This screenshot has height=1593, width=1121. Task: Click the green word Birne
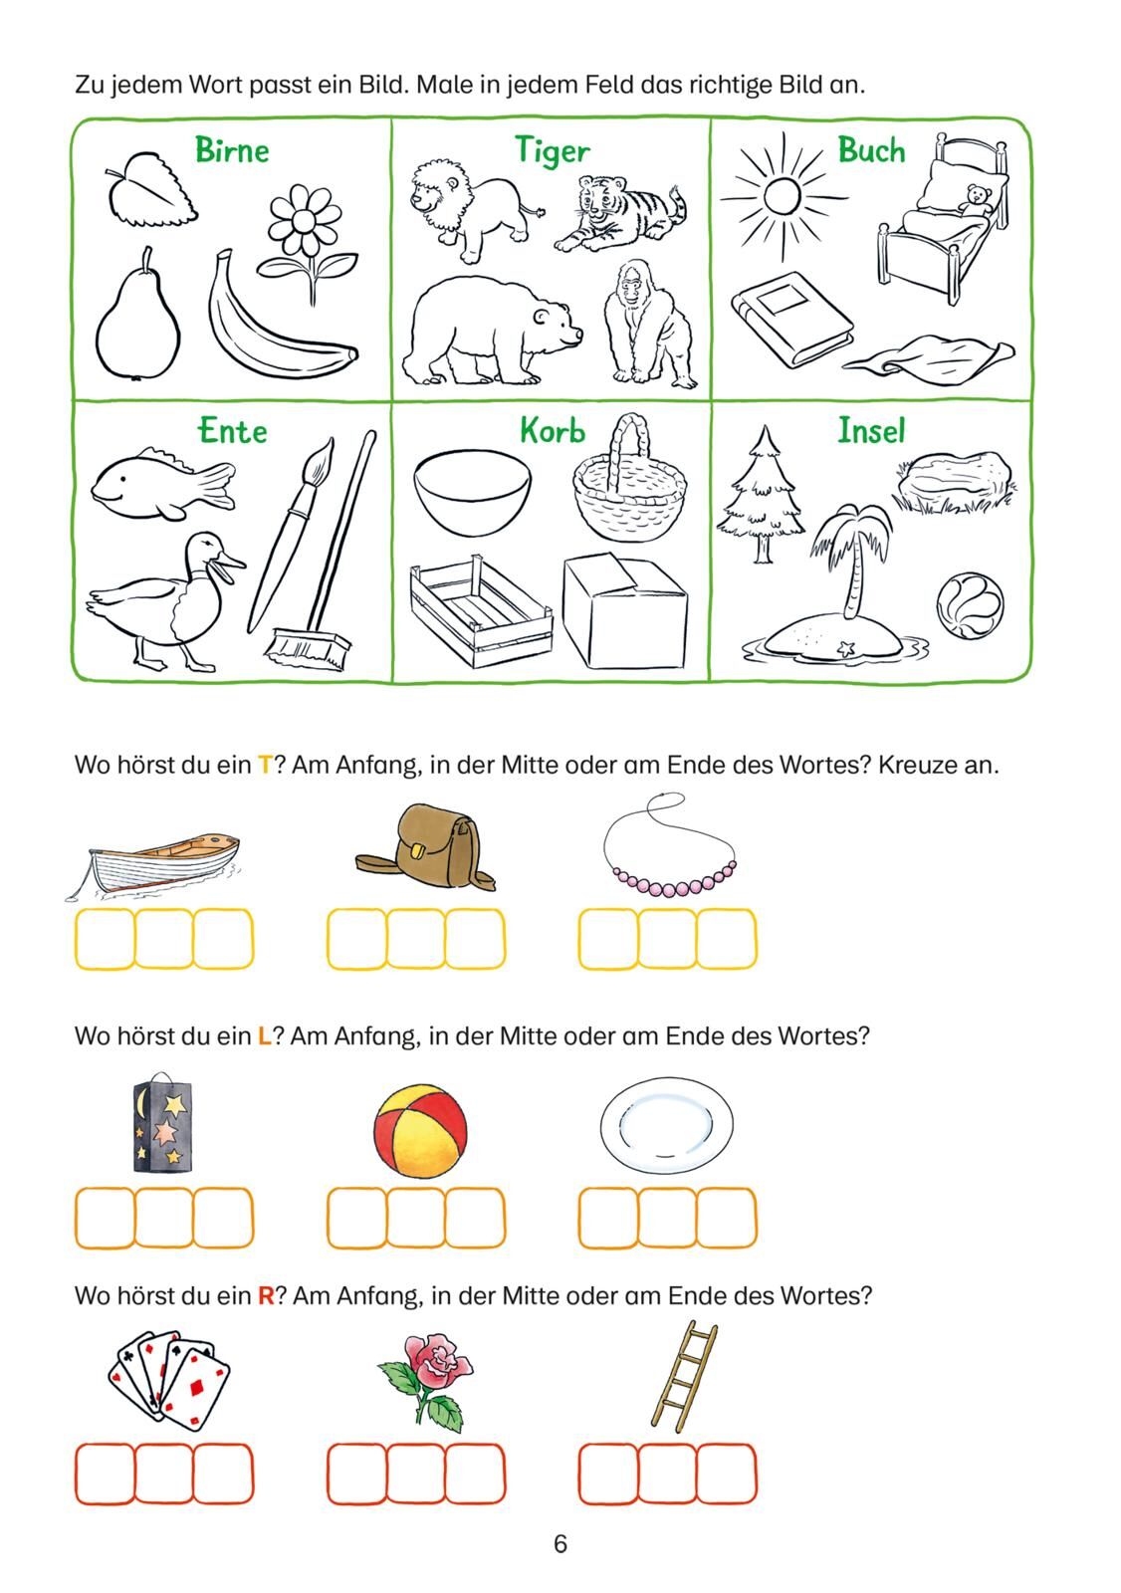(232, 150)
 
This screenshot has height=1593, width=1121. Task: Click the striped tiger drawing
(620, 214)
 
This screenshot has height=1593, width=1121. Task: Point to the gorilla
(649, 325)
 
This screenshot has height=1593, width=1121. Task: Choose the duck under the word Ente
(165, 601)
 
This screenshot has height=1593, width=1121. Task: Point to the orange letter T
(265, 766)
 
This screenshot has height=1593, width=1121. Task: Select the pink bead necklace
(670, 845)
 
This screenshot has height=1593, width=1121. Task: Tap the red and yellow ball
(420, 1131)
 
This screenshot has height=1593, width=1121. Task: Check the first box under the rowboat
(105, 939)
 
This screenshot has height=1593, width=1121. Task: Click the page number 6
(560, 1544)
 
